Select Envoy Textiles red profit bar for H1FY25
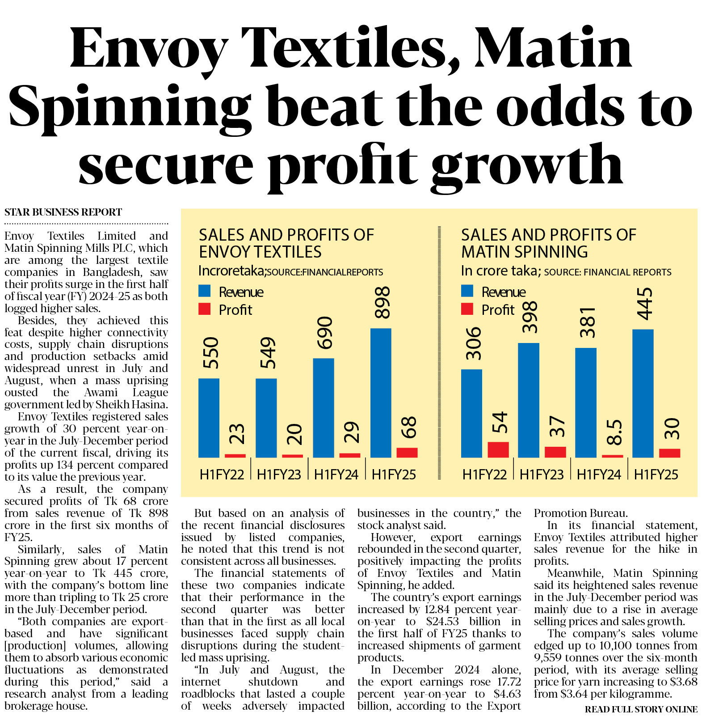pyautogui.click(x=407, y=452)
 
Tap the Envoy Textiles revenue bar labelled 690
pyautogui.click(x=324, y=407)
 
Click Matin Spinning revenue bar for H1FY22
pyautogui.click(x=471, y=413)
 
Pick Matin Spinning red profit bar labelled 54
pyautogui.click(x=498, y=449)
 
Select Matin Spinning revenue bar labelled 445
pyautogui.click(x=643, y=393)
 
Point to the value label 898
pyautogui.click(x=383, y=303)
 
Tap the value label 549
pyautogui.click(x=268, y=353)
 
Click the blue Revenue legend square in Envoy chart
pyautogui.click(x=204, y=291)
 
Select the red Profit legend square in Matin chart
pyautogui.click(x=467, y=309)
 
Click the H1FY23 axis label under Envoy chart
pyautogui.click(x=279, y=474)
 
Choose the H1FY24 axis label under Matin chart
pyautogui.click(x=599, y=474)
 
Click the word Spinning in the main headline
pyautogui.click(x=129, y=107)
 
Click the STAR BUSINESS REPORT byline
pyautogui.click(x=63, y=212)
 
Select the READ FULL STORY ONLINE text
pyautogui.click(x=641, y=709)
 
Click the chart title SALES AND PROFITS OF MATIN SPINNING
pyautogui.click(x=548, y=243)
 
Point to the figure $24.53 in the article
pyautogui.click(x=443, y=622)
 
